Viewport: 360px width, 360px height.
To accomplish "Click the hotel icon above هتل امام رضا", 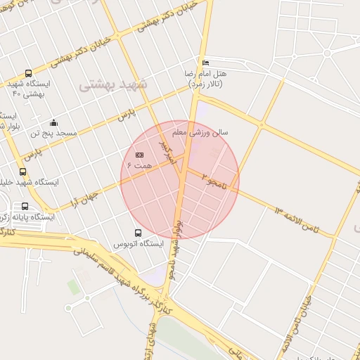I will (x=205, y=63).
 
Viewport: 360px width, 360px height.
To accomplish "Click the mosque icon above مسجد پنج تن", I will (x=54, y=122).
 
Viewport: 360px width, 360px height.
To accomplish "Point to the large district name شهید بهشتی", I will (x=113, y=84).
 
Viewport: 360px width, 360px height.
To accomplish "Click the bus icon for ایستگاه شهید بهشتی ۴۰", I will (x=28, y=73).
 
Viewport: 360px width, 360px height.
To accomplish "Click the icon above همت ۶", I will (x=139, y=154).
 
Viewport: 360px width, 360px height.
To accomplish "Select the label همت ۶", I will (x=139, y=164).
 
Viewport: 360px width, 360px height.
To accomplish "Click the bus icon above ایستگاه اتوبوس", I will (x=138, y=233).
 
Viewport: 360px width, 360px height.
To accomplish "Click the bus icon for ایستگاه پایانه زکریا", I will (x=26, y=207).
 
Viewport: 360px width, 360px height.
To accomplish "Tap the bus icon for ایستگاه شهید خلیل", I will (x=23, y=172).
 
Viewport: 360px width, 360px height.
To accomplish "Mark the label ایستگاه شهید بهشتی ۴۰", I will (x=28, y=88).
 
